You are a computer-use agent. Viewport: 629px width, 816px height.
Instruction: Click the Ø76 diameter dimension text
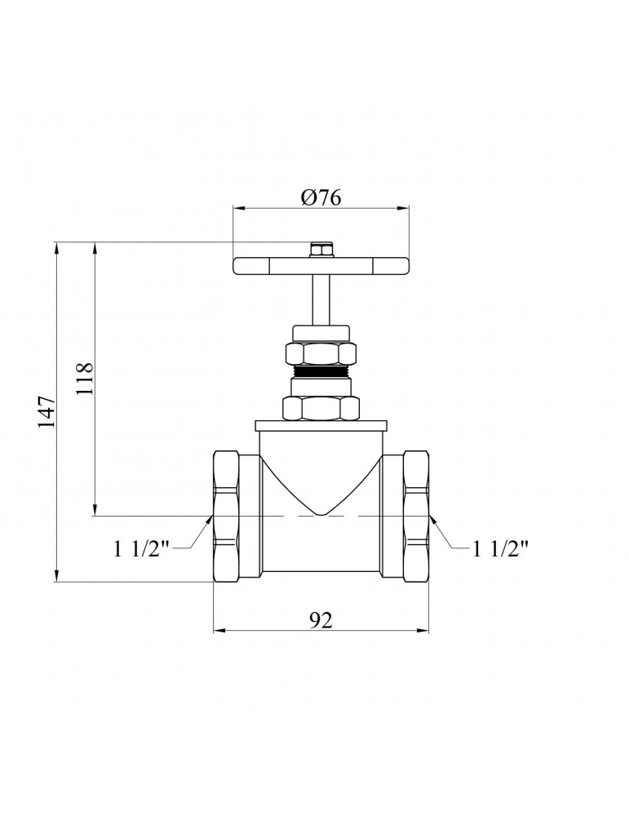click(321, 197)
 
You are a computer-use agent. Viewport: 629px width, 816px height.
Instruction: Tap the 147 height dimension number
click(47, 411)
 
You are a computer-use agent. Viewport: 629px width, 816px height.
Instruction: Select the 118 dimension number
click(84, 379)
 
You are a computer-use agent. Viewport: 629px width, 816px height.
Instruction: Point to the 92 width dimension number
click(321, 620)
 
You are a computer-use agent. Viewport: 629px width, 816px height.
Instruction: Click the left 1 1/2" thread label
click(142, 548)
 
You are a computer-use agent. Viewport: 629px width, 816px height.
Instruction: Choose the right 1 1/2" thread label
click(500, 548)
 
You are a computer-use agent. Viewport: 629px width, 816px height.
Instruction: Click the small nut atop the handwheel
click(321, 250)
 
